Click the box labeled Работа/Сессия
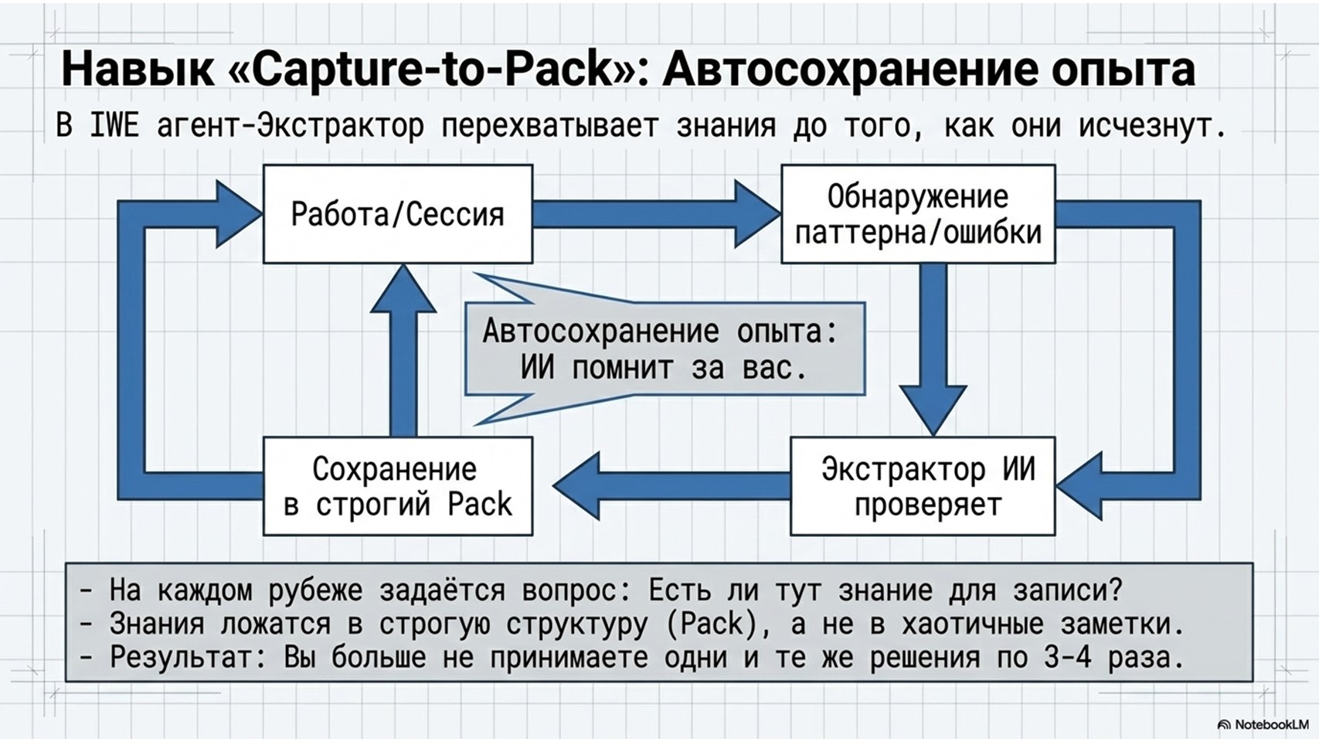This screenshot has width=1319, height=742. coord(397,214)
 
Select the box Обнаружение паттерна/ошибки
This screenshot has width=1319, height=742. coord(918,214)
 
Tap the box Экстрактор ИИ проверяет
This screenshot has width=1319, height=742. coord(923,486)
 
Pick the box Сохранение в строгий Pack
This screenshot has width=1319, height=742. coord(397,486)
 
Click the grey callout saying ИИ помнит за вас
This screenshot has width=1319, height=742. coord(664,349)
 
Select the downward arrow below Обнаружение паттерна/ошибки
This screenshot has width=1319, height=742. coord(933,348)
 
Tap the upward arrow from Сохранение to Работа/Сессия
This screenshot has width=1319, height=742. coord(403,352)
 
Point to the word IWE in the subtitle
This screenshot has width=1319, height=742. coord(114,125)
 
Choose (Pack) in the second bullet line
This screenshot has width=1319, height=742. coord(711,624)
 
